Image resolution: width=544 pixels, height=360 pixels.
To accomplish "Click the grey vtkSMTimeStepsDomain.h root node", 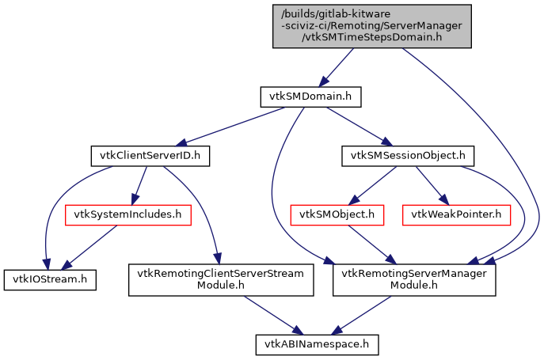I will tap(372, 25).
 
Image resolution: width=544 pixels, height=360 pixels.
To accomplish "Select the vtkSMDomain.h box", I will tap(310, 97).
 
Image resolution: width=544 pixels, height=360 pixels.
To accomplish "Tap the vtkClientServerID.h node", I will tap(150, 156).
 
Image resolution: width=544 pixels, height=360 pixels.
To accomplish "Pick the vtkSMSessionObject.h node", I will tap(402, 156).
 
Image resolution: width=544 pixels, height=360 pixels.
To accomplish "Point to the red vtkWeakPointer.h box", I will tap(456, 214).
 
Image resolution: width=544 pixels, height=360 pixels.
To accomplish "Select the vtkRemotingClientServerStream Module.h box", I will tap(222, 279).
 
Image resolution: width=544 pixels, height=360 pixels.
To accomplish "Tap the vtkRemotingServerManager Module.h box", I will tap(413, 279).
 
